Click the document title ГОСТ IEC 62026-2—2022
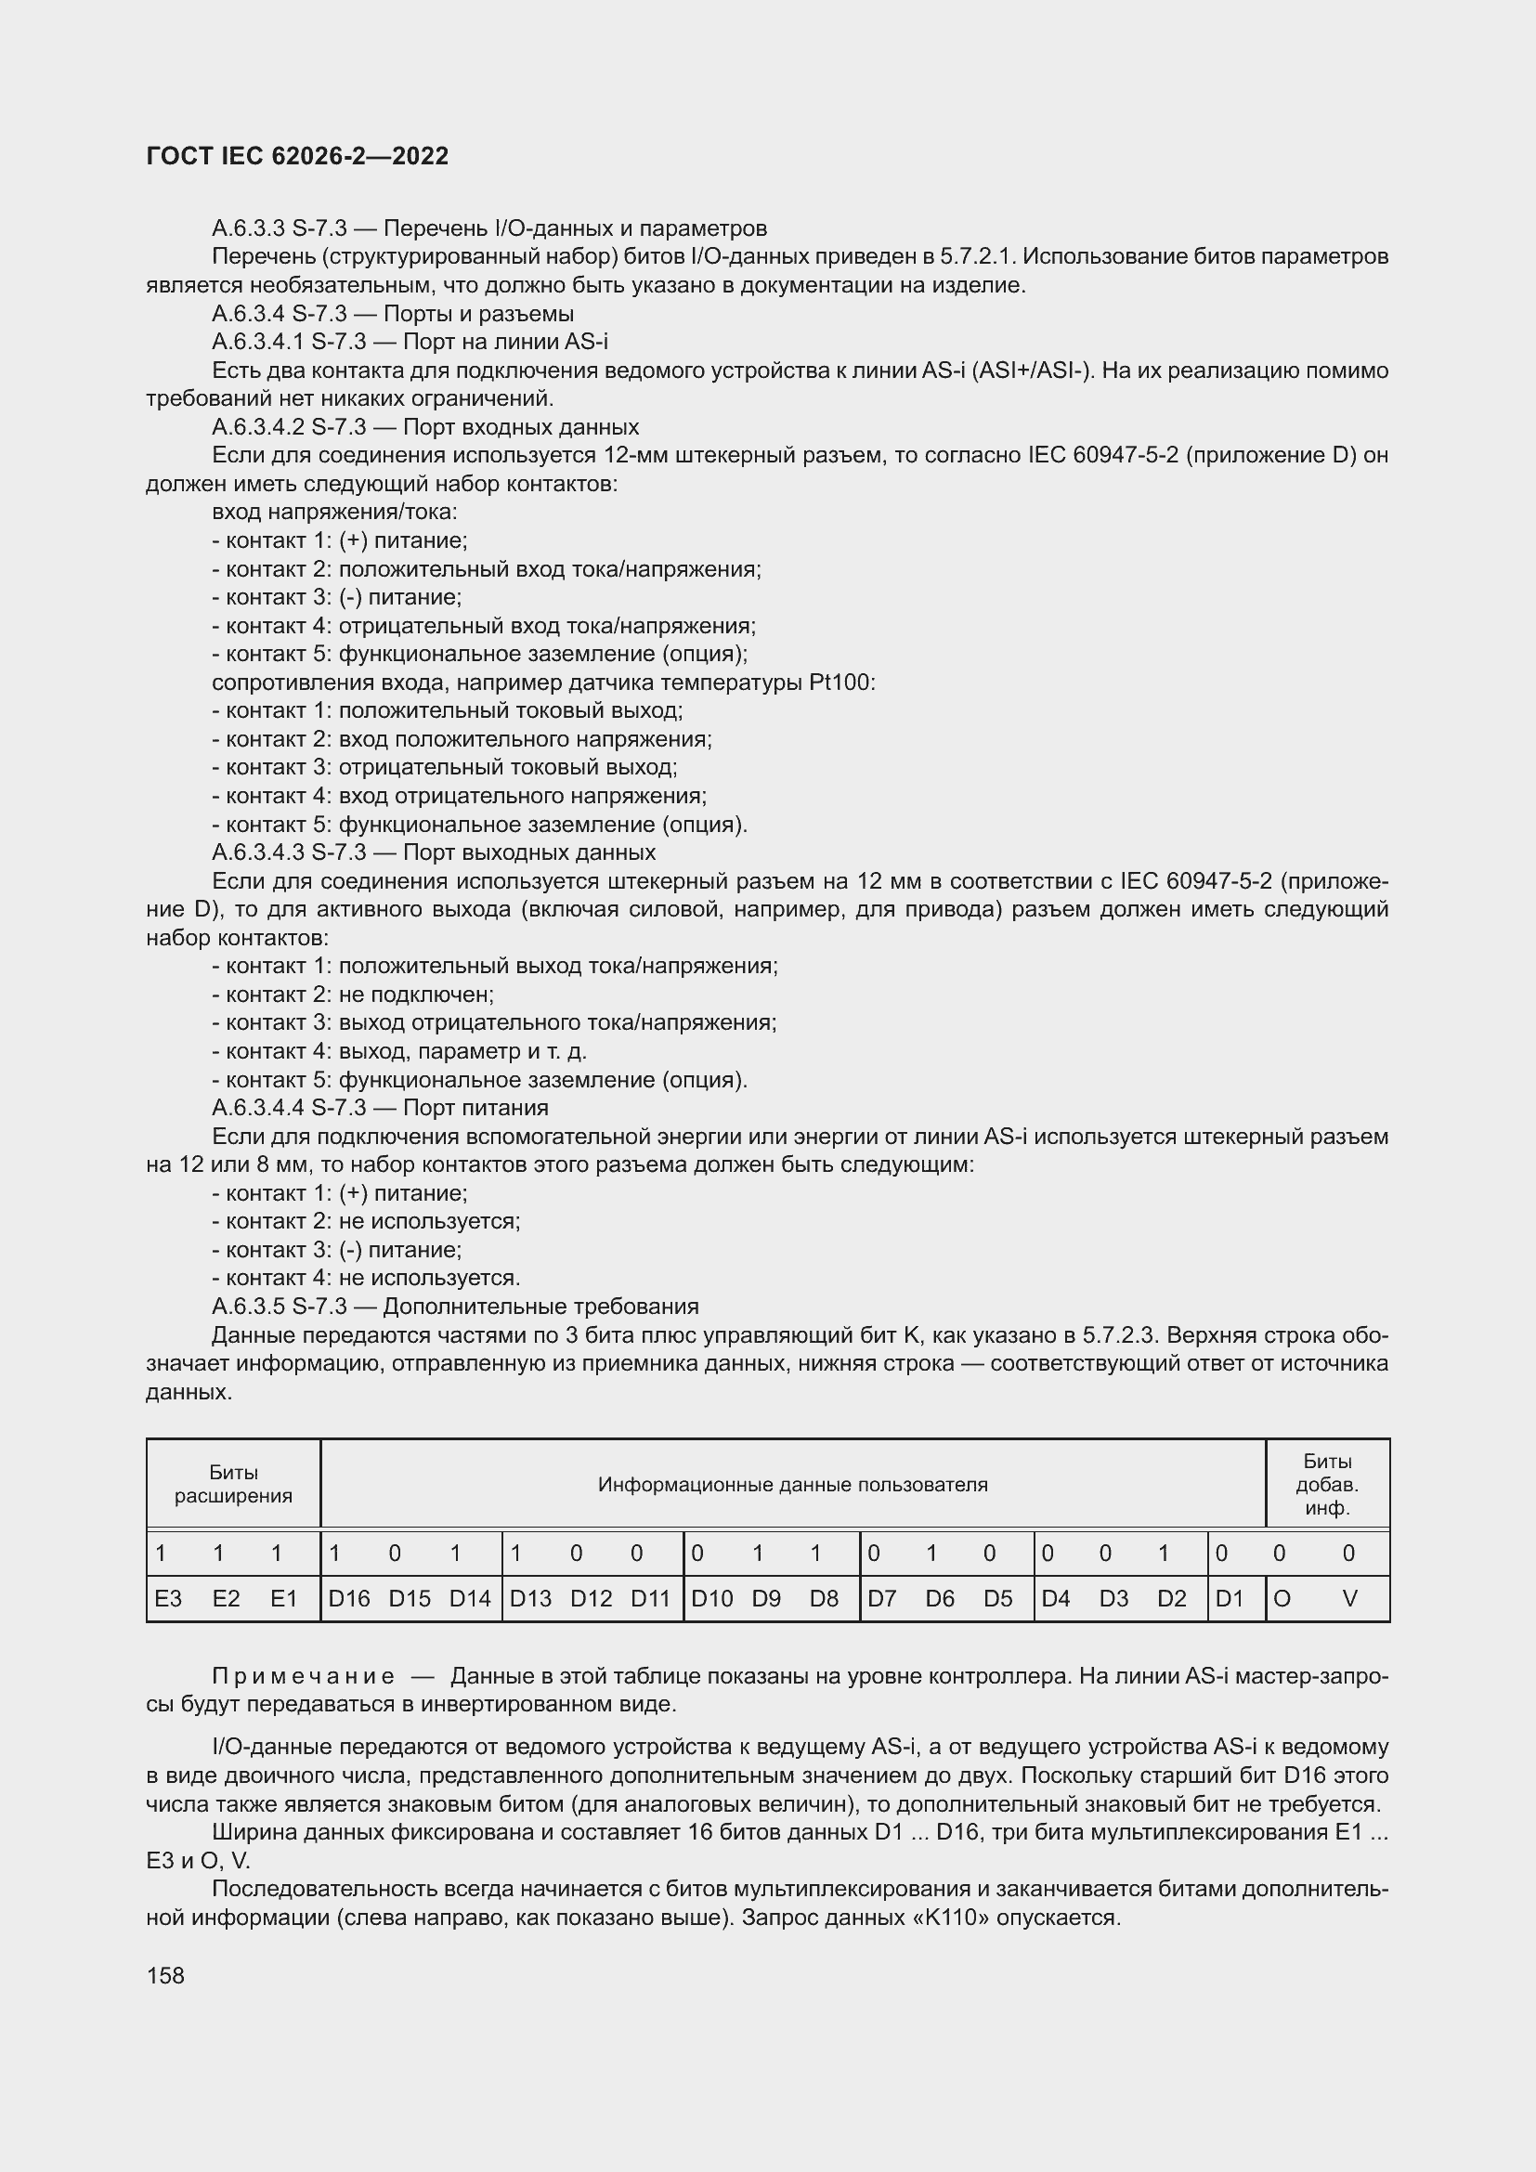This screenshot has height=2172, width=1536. pos(298,156)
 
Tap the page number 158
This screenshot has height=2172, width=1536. pos(165,1975)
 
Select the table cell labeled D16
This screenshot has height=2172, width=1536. pos(349,1599)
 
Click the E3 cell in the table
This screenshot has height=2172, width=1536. pos(168,1599)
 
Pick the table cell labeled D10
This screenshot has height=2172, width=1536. pos(712,1599)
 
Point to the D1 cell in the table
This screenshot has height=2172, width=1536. pos(1230,1599)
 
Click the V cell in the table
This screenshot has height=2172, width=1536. pos(1349,1599)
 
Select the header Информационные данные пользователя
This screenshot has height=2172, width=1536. pos(792,1484)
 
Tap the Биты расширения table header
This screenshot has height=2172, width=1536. pos(234,1484)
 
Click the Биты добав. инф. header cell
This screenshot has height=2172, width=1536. pos(1327,1484)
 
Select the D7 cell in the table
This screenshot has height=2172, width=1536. pos(881,1599)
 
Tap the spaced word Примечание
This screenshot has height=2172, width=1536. pos(304,1677)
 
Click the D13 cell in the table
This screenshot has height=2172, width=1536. pos(530,1599)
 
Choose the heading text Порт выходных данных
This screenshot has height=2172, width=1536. pos(528,853)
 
